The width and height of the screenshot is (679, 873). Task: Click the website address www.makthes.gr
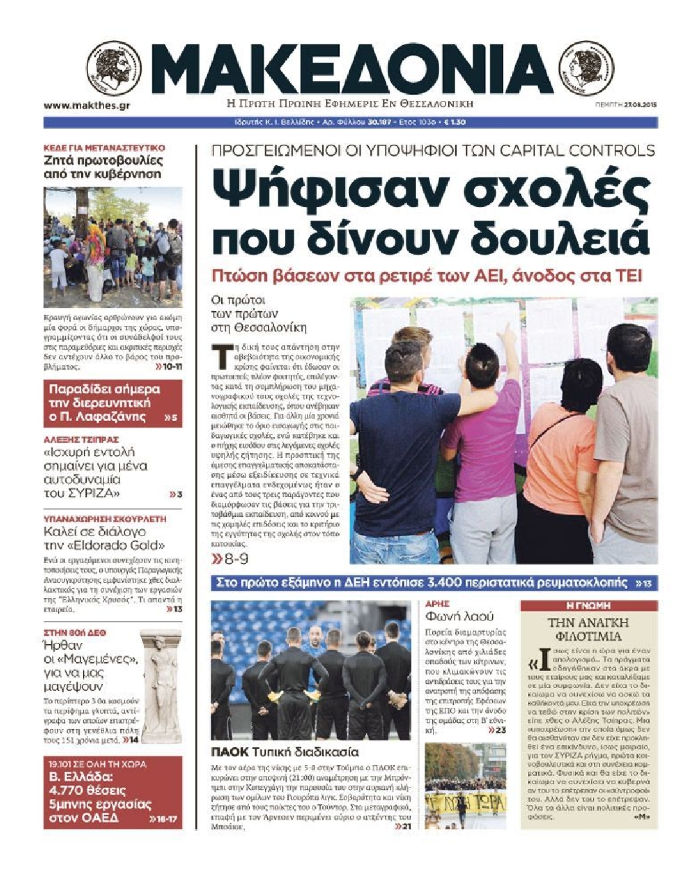(x=87, y=106)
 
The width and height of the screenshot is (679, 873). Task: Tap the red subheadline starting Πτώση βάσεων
(x=427, y=276)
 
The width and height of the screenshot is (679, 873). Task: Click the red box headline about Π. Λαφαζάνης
(x=106, y=403)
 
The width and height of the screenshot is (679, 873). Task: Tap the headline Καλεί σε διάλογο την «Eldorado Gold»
(x=104, y=539)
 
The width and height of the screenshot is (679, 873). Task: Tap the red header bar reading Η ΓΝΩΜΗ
(x=588, y=606)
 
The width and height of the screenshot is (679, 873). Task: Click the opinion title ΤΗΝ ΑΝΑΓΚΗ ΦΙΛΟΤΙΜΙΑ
(x=588, y=629)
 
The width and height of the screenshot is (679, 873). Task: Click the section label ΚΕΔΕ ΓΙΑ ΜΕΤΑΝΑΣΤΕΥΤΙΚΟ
(x=104, y=148)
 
